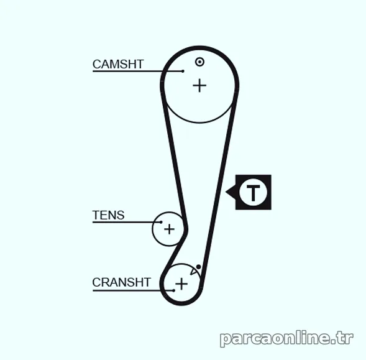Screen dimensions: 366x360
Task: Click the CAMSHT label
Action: click(118, 64)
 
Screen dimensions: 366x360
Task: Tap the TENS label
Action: click(109, 215)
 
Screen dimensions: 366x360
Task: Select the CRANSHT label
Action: click(122, 282)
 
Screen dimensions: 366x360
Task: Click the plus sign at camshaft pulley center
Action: click(199, 86)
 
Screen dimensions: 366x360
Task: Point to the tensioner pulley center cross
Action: click(169, 229)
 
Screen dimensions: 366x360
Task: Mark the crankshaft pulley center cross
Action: click(181, 284)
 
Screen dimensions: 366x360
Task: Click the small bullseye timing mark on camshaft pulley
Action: click(199, 62)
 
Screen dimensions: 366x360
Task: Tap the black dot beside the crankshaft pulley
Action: click(198, 267)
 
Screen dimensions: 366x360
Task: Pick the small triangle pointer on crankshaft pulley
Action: click(194, 271)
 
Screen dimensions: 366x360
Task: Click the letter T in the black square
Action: click(254, 193)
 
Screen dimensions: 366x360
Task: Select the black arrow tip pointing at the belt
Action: click(226, 192)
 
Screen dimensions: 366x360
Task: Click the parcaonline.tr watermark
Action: click(286, 338)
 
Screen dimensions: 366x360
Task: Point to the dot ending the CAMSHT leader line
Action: click(183, 71)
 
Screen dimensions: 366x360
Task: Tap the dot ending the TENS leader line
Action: click(161, 222)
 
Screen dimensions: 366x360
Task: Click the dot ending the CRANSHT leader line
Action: click(173, 290)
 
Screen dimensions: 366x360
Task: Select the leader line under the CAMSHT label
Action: click(138, 71)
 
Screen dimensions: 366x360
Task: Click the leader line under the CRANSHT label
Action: click(133, 290)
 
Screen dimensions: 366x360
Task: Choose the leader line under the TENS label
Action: click(127, 222)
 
